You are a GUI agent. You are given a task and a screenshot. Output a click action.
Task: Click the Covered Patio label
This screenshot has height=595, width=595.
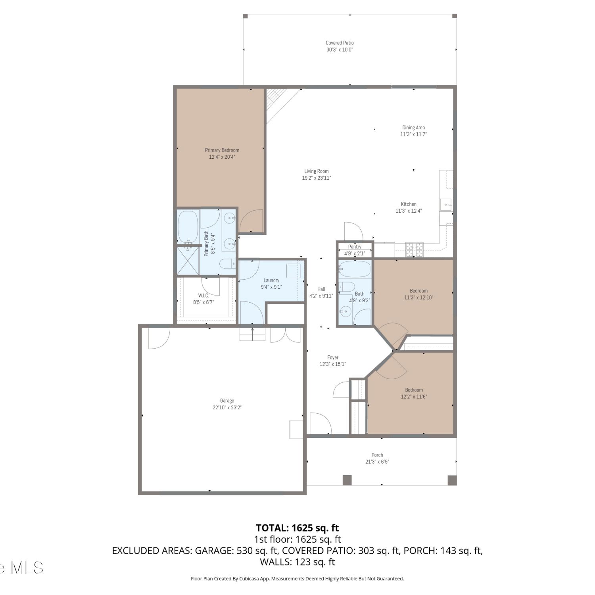click(x=340, y=43)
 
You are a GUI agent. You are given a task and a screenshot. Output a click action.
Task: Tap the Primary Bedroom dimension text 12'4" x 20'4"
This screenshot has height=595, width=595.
click(x=222, y=157)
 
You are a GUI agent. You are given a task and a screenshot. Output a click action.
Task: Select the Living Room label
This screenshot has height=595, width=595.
click(x=317, y=171)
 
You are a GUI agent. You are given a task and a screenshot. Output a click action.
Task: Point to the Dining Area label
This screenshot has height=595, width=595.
click(x=414, y=128)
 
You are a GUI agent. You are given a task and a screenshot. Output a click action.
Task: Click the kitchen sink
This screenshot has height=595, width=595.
click(x=446, y=205)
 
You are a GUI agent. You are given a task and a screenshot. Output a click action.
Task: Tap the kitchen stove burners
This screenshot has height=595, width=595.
click(x=414, y=249)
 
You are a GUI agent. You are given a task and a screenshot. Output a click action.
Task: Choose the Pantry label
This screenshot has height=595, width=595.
click(x=355, y=247)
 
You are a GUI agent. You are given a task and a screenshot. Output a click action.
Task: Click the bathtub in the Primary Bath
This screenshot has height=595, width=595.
click(x=188, y=227)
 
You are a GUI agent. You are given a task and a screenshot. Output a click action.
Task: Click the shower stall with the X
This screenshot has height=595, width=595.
click(x=188, y=261)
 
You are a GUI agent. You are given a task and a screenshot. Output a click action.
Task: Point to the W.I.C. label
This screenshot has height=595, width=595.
click(x=203, y=296)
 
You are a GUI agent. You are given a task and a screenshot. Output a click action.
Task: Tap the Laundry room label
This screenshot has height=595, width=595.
click(x=271, y=280)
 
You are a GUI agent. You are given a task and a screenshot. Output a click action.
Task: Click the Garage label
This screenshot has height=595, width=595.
click(x=227, y=401)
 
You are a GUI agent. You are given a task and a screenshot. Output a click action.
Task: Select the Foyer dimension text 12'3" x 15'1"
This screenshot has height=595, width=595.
click(x=333, y=364)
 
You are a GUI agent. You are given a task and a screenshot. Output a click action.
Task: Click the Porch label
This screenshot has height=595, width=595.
click(x=377, y=455)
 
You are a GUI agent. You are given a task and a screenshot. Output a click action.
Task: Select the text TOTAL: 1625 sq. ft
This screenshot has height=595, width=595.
click(x=297, y=528)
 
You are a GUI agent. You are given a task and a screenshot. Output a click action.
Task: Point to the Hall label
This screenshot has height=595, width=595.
click(x=321, y=289)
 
